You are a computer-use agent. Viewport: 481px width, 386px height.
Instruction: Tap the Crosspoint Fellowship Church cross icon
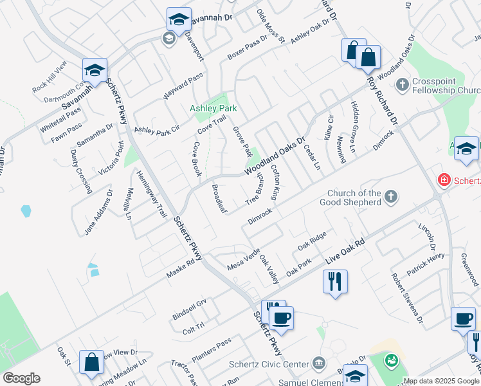(x=402, y=84)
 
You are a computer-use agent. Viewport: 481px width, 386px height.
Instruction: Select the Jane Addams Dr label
(x=98, y=211)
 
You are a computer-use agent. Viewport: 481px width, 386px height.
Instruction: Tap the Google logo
(x=21, y=378)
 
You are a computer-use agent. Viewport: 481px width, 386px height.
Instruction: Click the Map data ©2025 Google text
(x=441, y=381)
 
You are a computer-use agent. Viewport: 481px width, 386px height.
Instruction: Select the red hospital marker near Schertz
(x=443, y=179)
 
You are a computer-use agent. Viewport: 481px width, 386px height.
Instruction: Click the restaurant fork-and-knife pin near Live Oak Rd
(x=335, y=282)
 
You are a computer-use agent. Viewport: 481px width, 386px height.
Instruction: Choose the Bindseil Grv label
(x=189, y=309)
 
